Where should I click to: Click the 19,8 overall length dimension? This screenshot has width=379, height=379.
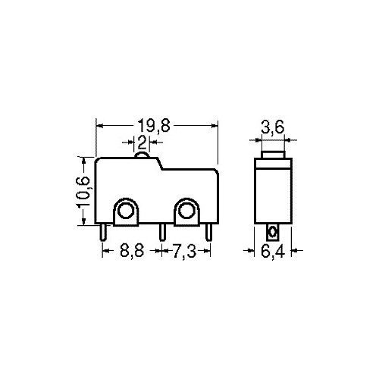tap(154, 126)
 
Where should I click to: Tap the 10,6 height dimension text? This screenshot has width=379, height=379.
tap(83, 191)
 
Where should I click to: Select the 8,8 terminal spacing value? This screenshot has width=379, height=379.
tap(132, 251)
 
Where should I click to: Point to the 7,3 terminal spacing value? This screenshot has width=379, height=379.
tap(184, 251)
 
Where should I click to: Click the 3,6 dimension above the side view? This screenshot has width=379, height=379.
tap(273, 127)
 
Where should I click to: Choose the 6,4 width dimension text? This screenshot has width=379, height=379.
tap(273, 251)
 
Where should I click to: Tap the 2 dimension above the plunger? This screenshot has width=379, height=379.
tap(142, 143)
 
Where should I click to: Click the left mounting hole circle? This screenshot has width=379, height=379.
tap(125, 211)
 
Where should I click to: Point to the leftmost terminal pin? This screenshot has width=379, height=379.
tap(103, 232)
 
